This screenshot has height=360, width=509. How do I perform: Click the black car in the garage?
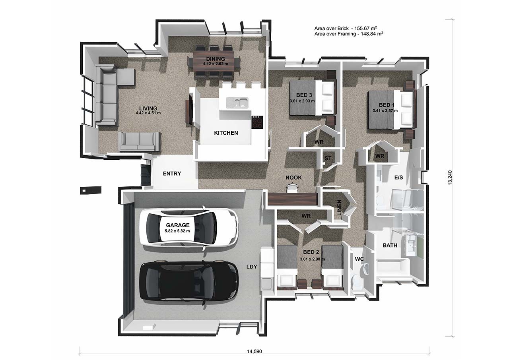tap(188, 282)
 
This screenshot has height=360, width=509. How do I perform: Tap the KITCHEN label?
tap(226, 133)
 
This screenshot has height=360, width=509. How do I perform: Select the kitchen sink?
tap(237, 103)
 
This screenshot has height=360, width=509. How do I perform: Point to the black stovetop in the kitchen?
tap(257, 122)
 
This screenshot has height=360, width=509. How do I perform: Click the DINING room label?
tap(215, 59)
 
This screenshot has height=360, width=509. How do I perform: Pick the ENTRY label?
tap(172, 174)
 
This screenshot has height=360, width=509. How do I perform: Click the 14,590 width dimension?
tap(254, 351)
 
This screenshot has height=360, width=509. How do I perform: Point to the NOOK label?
tap(293, 178)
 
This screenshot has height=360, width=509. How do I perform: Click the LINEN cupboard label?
tap(339, 207)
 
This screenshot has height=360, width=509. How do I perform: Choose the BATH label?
tap(390, 245)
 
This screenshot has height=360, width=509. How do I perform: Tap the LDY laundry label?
tap(251, 267)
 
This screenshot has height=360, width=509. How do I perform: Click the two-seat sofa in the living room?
tap(140, 141)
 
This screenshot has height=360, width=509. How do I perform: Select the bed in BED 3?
tap(312, 98)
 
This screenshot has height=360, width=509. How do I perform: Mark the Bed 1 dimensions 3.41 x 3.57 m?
tap(385, 111)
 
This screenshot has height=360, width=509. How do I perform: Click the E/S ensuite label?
tap(398, 177)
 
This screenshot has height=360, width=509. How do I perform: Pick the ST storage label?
tap(328, 158)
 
